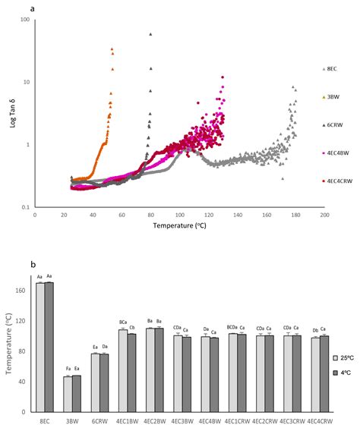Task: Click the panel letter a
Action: coord(31,10)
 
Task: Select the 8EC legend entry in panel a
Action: coord(332,69)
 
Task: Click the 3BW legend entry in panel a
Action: coord(332,97)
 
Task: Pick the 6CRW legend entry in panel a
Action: coord(333,125)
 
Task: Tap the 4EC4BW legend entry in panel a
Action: coord(336,153)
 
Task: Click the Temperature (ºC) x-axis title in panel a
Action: coord(180,225)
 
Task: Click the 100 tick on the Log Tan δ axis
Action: coord(25,20)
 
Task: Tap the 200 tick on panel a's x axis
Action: coord(324,215)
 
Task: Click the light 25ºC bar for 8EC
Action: coord(40,348)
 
